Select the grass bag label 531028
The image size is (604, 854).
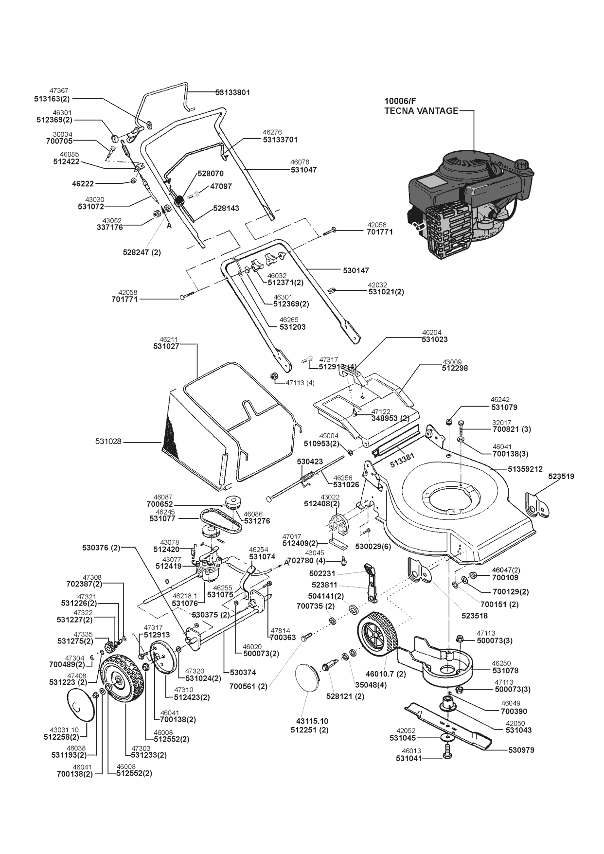click(108, 442)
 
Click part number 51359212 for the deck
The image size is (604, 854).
click(525, 469)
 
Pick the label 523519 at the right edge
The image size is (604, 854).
click(561, 477)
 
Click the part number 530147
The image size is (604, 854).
click(356, 270)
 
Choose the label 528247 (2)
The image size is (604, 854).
click(142, 252)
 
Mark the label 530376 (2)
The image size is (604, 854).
click(101, 548)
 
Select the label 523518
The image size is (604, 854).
click(475, 616)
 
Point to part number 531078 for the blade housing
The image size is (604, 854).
click(505, 670)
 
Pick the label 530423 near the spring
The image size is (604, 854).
click(310, 462)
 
